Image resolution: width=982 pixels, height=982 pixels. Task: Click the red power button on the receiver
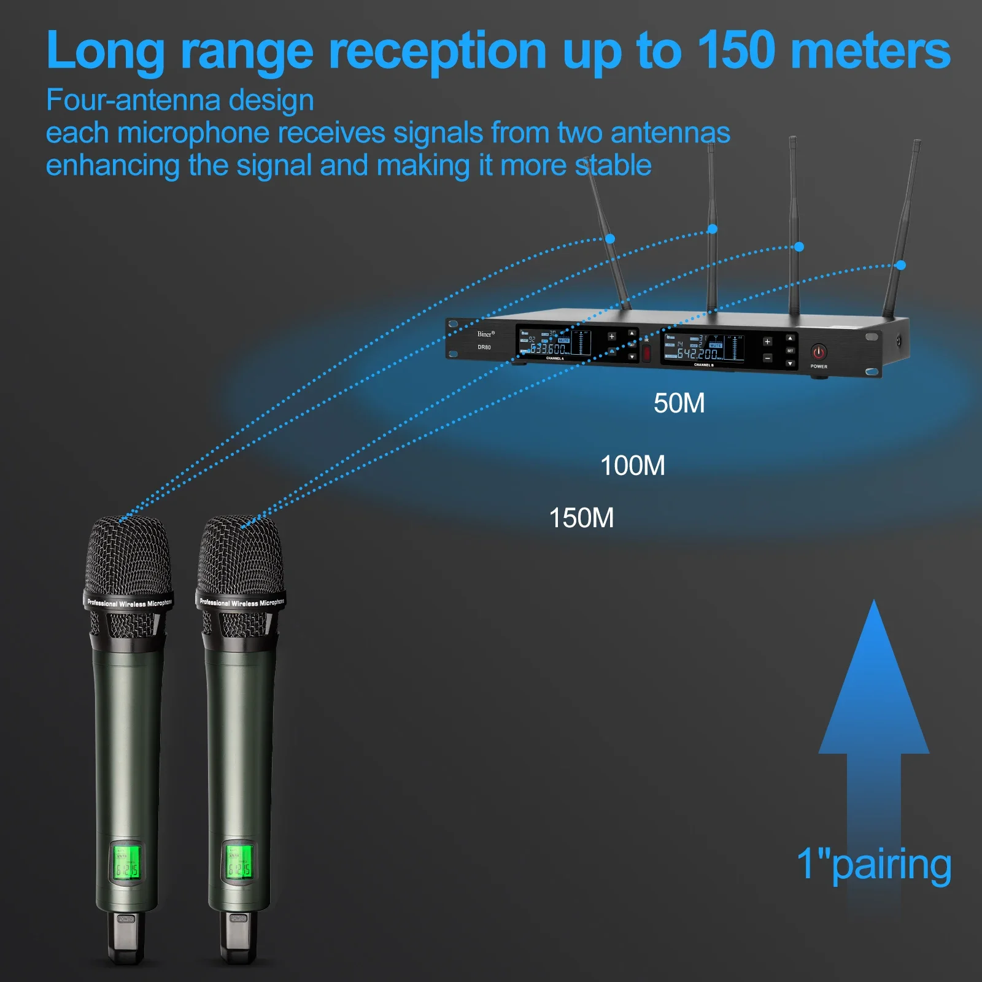819,352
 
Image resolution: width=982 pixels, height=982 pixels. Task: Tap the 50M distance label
679,403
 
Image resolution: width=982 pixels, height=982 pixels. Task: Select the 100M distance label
632,466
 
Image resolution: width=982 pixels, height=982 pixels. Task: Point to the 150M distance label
581,518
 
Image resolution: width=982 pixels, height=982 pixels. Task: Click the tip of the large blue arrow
874,605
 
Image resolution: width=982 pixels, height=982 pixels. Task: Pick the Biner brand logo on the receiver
485,334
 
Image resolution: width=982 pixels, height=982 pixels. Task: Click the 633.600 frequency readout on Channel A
548,349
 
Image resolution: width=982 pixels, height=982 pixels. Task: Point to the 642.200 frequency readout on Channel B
697,354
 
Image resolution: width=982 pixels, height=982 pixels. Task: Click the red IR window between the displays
646,353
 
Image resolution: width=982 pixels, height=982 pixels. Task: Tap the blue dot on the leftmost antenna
610,238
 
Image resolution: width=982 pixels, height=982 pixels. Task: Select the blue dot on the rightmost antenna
900,265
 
